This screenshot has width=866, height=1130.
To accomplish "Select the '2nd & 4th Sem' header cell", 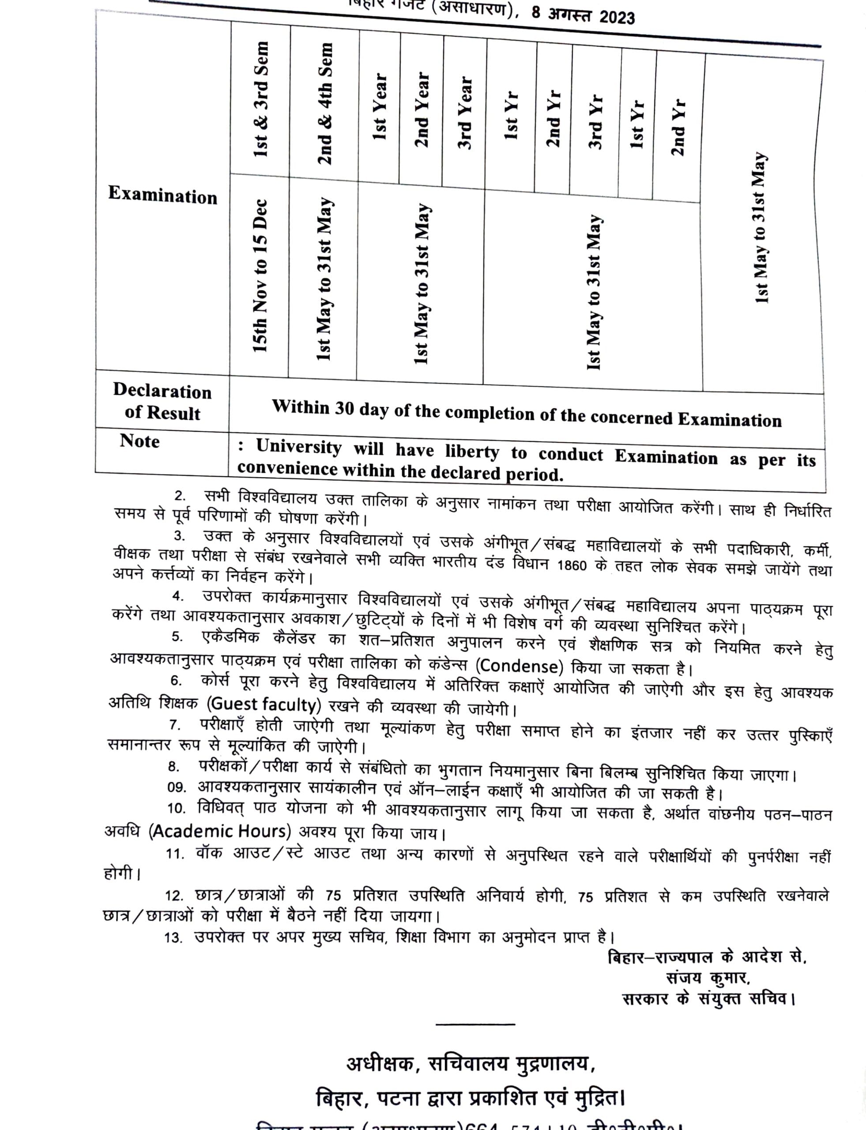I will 325,103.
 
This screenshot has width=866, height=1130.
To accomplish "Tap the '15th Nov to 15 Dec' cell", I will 260,275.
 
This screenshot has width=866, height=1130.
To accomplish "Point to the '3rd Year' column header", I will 464,113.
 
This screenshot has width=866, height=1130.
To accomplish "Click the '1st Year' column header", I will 380,107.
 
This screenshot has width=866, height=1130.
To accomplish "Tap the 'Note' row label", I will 139,441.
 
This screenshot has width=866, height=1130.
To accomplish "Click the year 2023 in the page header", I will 617,17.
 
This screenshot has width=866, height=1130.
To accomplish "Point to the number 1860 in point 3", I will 572,565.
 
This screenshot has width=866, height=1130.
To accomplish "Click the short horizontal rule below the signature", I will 475,1024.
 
